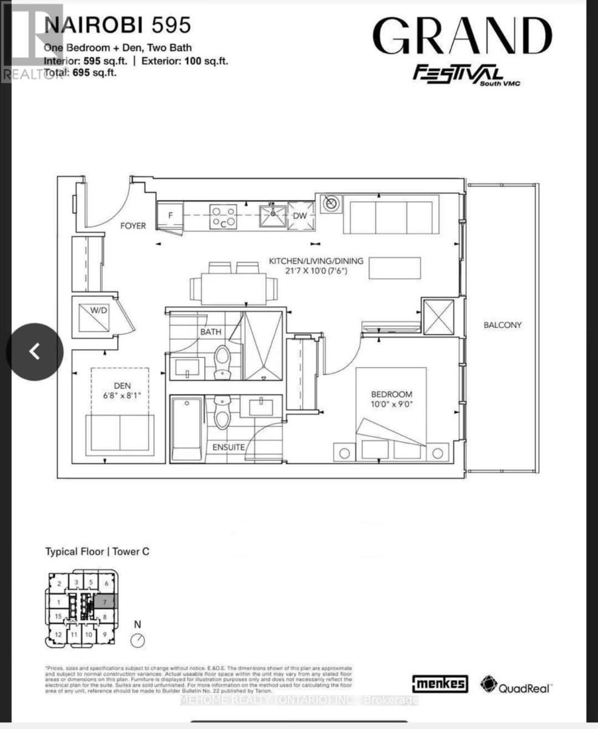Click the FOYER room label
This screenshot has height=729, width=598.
point(133,225)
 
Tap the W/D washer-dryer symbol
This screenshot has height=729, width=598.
point(94,315)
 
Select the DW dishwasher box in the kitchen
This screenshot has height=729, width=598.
point(301,216)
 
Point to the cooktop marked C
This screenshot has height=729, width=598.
point(223,217)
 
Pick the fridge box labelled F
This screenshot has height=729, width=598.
point(170,216)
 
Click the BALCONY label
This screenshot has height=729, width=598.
point(502,325)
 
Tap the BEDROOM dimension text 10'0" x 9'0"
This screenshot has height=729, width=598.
point(392,405)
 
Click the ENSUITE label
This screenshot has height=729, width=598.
point(228,447)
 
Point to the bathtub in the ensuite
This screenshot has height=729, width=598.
point(187,429)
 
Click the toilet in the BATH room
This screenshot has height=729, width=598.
point(222,362)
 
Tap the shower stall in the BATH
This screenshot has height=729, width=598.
point(263,346)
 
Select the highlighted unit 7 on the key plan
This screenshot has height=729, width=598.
point(104,603)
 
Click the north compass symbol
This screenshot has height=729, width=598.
point(138,640)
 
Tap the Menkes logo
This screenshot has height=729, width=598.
point(440,683)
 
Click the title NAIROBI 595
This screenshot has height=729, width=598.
point(118,25)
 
